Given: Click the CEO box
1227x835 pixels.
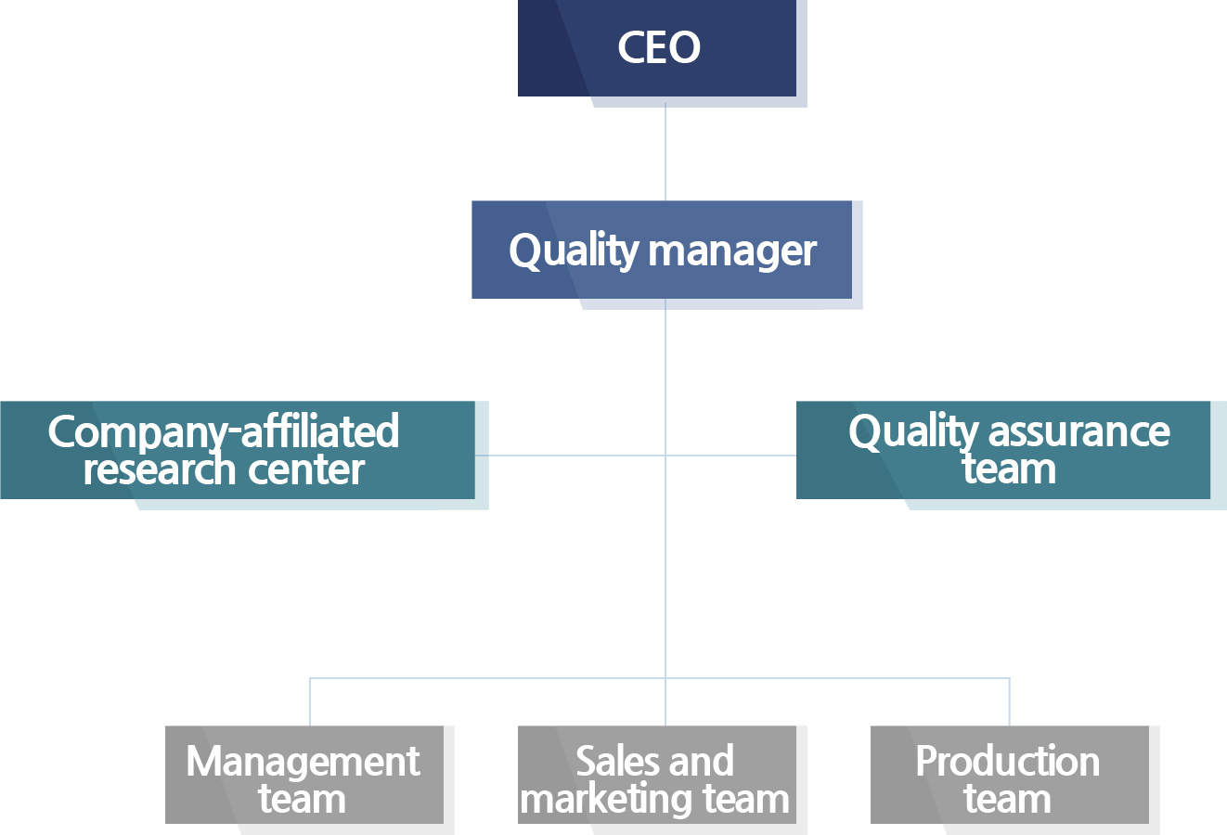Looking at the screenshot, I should [x=657, y=48].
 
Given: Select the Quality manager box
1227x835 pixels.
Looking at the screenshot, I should [x=662, y=250].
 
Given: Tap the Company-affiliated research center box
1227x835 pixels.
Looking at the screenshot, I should [x=238, y=450].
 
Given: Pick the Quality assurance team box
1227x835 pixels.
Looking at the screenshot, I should [x=1003, y=450].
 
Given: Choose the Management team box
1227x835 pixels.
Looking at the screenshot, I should [x=304, y=775].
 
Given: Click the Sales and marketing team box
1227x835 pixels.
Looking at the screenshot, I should [x=657, y=775].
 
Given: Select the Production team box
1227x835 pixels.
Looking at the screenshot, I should [x=1010, y=775].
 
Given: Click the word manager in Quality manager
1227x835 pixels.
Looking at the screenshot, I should [x=733, y=251].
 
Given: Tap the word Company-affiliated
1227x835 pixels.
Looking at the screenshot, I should [x=224, y=432].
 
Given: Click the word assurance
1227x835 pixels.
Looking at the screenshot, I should [x=1078, y=432].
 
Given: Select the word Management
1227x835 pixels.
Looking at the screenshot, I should [x=303, y=763].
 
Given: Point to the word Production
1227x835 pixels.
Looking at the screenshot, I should [x=1007, y=762].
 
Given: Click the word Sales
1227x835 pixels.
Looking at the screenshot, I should [x=609, y=762].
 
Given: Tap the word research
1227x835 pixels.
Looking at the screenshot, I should [x=151, y=469].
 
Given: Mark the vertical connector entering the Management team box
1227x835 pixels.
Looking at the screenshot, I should [x=310, y=702].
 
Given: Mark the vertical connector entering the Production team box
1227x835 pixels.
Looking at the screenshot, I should [x=1009, y=702].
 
